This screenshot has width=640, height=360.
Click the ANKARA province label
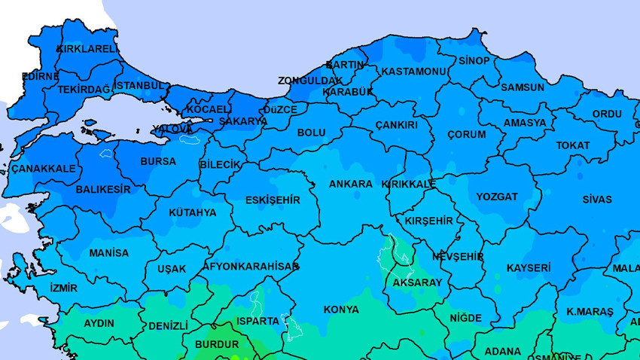click(351, 184)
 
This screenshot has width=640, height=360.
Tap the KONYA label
click(341, 310)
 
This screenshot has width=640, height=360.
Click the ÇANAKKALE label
click(44, 169)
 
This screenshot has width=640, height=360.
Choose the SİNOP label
click(474, 60)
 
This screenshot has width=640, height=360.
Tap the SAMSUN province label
click(522, 87)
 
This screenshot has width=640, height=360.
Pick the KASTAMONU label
click(414, 71)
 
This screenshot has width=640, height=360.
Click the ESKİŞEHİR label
click(273, 200)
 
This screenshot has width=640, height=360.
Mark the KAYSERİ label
click(528, 267)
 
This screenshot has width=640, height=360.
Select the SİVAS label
click(597, 200)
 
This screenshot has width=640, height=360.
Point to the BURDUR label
click(216, 344)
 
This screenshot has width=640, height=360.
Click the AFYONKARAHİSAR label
click(251, 267)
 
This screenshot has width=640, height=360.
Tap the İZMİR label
click(63, 288)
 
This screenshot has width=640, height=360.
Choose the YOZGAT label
click(497, 197)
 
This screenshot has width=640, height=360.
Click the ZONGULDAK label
click(309, 81)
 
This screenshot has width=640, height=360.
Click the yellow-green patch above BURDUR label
click(224, 330)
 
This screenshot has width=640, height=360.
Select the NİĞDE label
click(465, 318)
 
